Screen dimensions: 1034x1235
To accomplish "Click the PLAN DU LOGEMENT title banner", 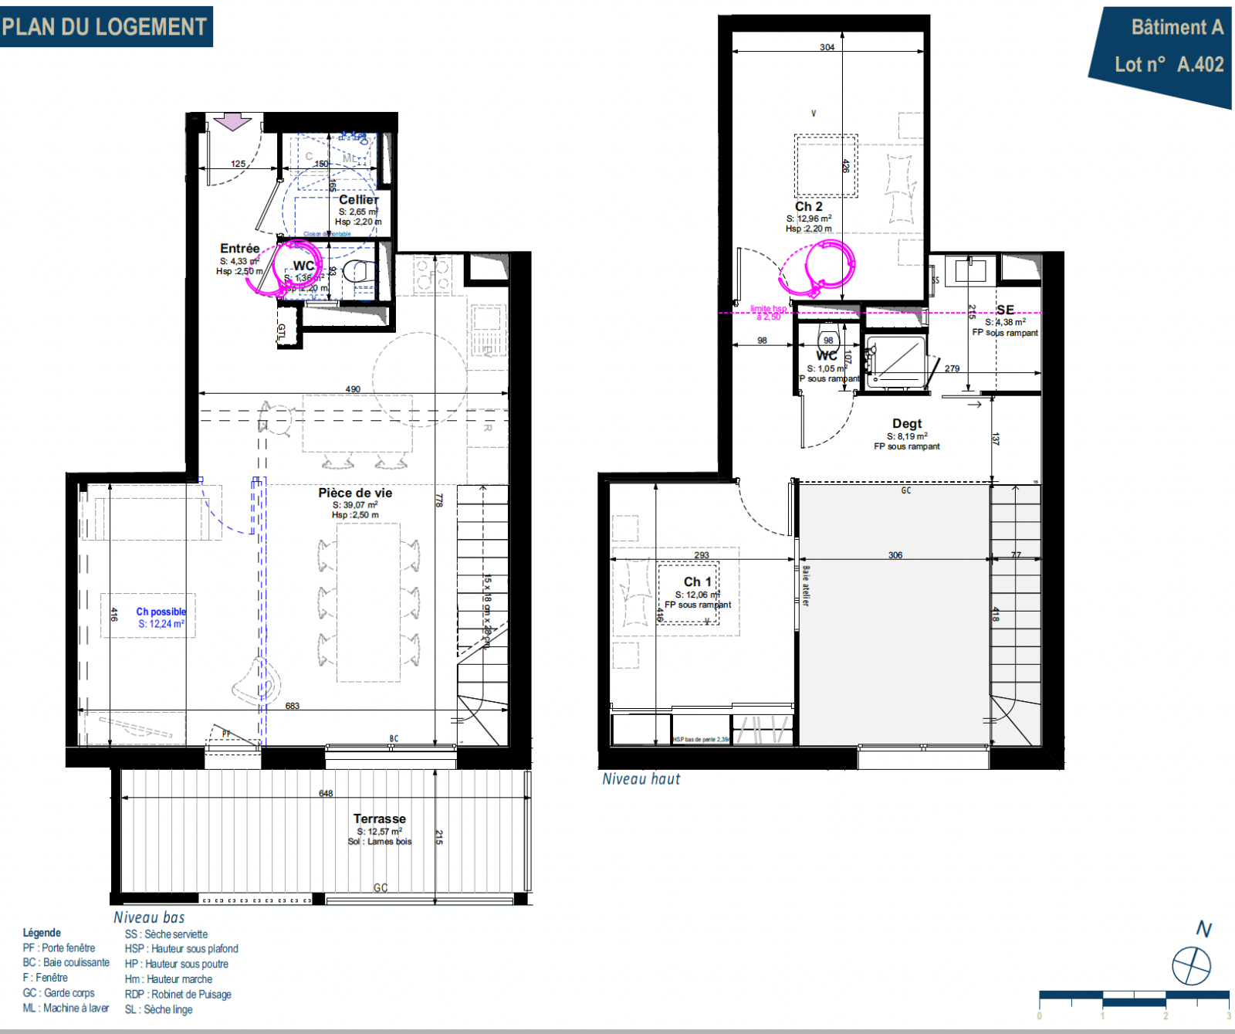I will (x=106, y=27).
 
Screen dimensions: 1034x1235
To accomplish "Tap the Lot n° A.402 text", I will (x=1169, y=65).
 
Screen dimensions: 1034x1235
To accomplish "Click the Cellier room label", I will (x=359, y=199).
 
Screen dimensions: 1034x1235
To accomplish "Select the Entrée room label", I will (x=239, y=249).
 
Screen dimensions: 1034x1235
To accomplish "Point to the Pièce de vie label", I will (x=355, y=493).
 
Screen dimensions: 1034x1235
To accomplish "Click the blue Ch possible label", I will (x=161, y=612).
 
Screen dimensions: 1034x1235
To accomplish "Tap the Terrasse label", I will (x=379, y=819).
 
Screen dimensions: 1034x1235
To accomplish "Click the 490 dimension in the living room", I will (x=353, y=389).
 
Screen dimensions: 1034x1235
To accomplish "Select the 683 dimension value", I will (x=292, y=706).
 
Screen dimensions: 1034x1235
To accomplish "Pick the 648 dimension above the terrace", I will (x=326, y=794).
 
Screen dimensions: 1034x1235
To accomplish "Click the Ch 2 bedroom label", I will (x=808, y=206).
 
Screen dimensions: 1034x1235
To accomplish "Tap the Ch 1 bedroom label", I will (x=697, y=581).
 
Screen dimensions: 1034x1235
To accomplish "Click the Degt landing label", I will (x=906, y=424).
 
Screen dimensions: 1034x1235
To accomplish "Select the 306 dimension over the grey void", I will (x=895, y=555).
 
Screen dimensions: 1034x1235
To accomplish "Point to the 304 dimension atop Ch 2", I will (x=827, y=47).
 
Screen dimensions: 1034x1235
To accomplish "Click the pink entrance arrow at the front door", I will (x=232, y=122).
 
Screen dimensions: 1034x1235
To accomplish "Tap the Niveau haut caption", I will (x=641, y=779).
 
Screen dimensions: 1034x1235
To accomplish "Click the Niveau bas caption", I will (x=149, y=917).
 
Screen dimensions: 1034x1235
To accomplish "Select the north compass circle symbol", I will (x=1191, y=965).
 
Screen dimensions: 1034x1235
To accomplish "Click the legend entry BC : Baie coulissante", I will (x=66, y=963).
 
